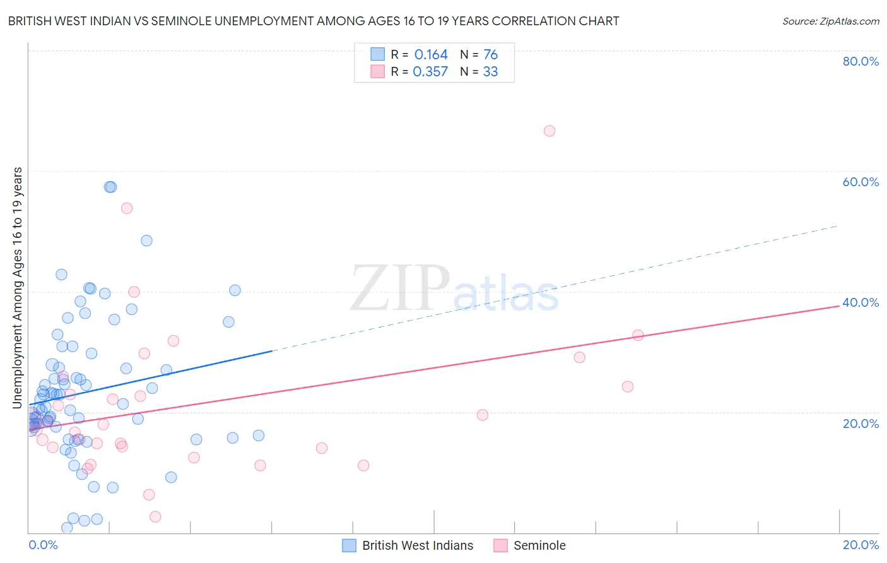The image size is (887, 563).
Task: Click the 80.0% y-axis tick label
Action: [861, 61]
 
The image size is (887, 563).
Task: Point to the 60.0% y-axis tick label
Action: [861, 182]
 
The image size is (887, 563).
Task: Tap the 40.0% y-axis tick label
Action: [861, 302]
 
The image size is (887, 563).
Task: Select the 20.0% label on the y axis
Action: [861, 424]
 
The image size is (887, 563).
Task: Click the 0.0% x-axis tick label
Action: [43, 545]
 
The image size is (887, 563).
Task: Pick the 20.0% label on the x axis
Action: [861, 545]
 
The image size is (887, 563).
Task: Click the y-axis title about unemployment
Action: [18, 287]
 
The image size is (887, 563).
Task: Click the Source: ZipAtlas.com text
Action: [830, 21]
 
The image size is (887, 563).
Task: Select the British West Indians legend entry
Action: [417, 545]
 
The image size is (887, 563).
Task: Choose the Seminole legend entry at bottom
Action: [539, 545]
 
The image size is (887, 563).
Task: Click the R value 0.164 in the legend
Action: [431, 55]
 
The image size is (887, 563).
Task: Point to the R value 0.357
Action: [430, 72]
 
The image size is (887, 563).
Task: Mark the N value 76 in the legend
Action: [490, 55]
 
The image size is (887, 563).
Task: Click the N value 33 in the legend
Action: [490, 72]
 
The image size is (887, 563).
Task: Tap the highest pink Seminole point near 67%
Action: [549, 131]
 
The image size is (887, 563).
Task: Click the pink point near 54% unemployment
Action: [127, 208]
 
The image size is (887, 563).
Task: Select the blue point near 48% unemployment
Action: [146, 240]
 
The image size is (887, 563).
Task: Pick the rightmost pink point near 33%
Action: [638, 335]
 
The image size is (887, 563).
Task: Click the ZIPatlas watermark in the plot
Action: [454, 289]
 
